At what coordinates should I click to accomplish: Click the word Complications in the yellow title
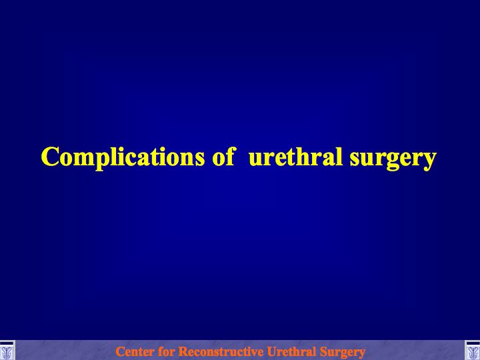pos(123,157)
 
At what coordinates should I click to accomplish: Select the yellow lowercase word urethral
pos(295,156)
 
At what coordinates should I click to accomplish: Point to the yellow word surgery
pos(393,159)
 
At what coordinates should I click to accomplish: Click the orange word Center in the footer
pos(135,351)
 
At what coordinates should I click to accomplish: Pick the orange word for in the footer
pos(166,351)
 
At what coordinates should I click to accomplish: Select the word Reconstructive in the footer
pos(221,351)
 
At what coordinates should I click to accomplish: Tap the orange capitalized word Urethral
pos(291,351)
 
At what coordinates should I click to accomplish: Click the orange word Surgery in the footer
pos(343,353)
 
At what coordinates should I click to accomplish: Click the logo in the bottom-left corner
pos(7,351)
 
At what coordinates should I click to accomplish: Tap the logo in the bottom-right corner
pos(473,351)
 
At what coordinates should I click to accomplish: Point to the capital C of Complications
pos(50,157)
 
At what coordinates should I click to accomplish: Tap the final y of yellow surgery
pos(429,161)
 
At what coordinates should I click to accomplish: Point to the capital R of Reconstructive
pos(183,351)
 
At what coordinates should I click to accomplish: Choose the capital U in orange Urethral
pos(272,351)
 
